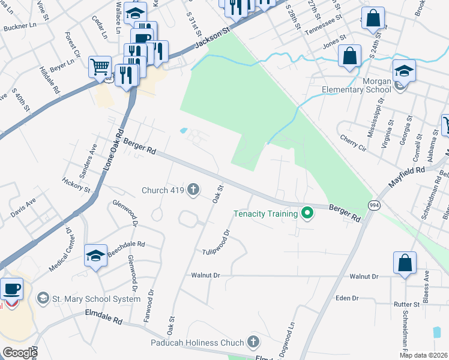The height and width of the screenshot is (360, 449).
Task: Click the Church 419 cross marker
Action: [x=193, y=190]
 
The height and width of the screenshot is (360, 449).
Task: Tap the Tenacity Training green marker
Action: [x=308, y=213]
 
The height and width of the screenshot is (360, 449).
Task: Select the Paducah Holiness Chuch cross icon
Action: [x=253, y=342]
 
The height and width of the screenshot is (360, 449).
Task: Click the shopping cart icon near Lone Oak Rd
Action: [x=100, y=66]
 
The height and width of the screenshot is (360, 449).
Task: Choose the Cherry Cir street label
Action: [x=352, y=142]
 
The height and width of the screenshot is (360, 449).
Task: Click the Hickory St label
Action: [x=76, y=185]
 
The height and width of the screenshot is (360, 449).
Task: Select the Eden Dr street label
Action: [x=347, y=298]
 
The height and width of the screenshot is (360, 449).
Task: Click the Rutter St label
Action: [x=406, y=304]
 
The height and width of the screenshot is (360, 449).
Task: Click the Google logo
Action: [x=20, y=353]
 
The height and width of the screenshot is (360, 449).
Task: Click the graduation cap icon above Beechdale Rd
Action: [x=96, y=256]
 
